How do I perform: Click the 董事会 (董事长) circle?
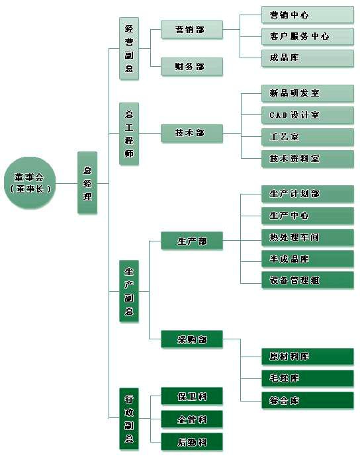pyautogui.click(x=30, y=183)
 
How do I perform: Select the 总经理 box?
pyautogui.click(x=87, y=183)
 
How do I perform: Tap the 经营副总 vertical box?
pyautogui.click(x=129, y=48)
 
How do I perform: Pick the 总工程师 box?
pyautogui.click(x=129, y=134)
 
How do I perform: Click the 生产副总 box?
pyautogui.click(x=129, y=291)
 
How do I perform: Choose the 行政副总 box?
pyautogui.click(x=129, y=419)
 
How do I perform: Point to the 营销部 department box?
pyautogui.click(x=192, y=30)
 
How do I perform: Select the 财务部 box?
pyautogui.click(x=192, y=66)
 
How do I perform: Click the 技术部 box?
pyautogui.click(x=192, y=133)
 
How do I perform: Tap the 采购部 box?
pyautogui.click(x=192, y=339)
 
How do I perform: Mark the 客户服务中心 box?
pyautogui.click(x=308, y=36)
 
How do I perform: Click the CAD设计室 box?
pyautogui.click(x=308, y=115)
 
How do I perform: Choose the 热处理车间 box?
pyautogui.click(x=308, y=237)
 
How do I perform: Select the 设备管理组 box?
pyautogui.click(x=308, y=280)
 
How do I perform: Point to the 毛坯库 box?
pyautogui.click(x=308, y=378)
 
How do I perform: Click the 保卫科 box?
pyautogui.click(x=192, y=396)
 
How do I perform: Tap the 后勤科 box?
pyautogui.click(x=192, y=442)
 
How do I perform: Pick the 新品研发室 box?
pyautogui.click(x=308, y=93)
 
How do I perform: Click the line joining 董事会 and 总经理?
pyautogui.click(x=66, y=183)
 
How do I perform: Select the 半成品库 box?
pyautogui.click(x=308, y=259)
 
